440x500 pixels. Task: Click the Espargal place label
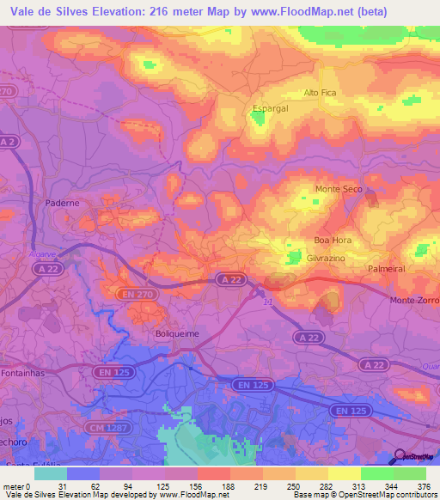(x=269, y=108)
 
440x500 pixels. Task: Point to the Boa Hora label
(x=333, y=241)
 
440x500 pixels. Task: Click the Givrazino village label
(x=327, y=258)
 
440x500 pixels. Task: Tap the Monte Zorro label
(x=414, y=300)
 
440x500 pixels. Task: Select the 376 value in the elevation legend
(x=423, y=485)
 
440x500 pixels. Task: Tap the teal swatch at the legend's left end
(x=50, y=473)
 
